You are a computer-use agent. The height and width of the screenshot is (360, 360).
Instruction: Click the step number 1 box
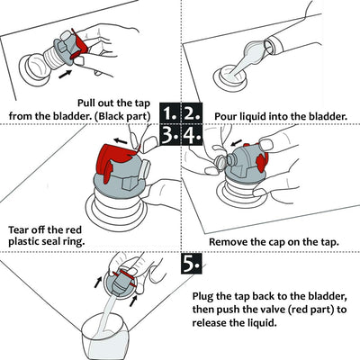point(170,112)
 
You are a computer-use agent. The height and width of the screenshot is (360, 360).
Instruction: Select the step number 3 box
point(170,135)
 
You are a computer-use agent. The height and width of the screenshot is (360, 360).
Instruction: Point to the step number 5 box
point(192,264)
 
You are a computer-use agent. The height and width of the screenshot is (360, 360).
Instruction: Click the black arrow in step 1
point(66,74)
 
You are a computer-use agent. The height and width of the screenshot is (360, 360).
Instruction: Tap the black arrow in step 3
point(121,140)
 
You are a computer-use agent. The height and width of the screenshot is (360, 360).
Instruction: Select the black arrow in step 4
point(236,141)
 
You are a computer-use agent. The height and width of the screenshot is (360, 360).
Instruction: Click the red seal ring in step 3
point(114,160)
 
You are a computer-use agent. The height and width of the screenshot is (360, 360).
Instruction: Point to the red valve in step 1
point(79,43)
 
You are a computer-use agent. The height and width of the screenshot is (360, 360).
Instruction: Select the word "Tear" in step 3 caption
point(20,230)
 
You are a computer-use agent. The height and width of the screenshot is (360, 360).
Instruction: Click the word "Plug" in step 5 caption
point(202,297)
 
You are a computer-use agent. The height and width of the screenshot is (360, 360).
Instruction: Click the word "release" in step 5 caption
point(211,323)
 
